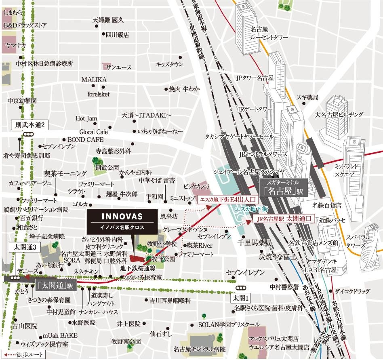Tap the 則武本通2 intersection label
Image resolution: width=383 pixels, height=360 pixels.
[x=29, y=125]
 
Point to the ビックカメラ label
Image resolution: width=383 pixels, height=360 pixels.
[x=197, y=186]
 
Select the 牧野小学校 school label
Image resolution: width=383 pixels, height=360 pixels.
[x=162, y=244]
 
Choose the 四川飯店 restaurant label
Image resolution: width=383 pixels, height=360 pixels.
[x=117, y=35]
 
